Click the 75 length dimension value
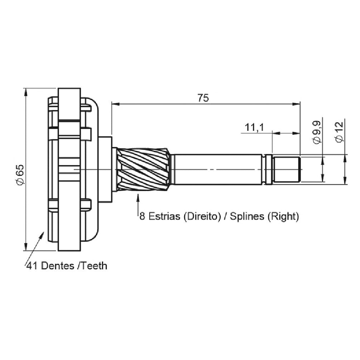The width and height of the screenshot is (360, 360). (x=203, y=98)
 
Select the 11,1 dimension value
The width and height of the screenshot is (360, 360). (x=254, y=127)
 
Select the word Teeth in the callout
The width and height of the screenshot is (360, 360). (x=94, y=266)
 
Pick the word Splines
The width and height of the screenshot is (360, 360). (x=247, y=216)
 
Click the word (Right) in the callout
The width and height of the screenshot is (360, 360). (x=283, y=216)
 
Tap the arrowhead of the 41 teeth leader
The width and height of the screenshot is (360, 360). (x=42, y=235)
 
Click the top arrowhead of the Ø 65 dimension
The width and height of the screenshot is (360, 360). (x=25, y=92)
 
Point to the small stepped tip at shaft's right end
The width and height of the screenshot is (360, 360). (x=287, y=169)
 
